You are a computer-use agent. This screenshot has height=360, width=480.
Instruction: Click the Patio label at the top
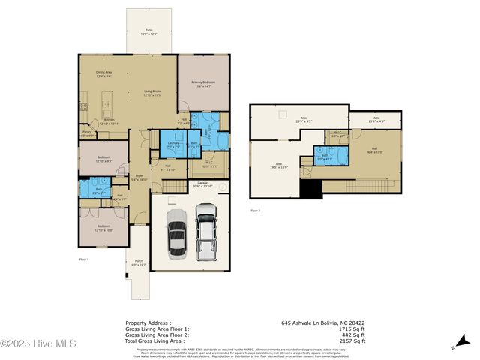[x=148, y=32]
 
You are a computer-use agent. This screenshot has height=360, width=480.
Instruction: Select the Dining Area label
[x=103, y=74]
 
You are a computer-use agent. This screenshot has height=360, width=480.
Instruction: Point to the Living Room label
[x=152, y=94]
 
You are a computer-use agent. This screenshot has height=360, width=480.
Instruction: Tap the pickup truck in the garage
[x=205, y=233]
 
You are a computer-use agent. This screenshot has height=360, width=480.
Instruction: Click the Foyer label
[x=139, y=178]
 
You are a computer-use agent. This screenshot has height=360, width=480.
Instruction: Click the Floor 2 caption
[x=255, y=211]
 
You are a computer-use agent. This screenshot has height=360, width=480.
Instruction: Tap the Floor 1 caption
[x=84, y=259]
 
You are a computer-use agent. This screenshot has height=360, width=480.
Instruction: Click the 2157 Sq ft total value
[x=352, y=340]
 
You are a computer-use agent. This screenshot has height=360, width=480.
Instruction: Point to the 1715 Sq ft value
[x=352, y=328]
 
